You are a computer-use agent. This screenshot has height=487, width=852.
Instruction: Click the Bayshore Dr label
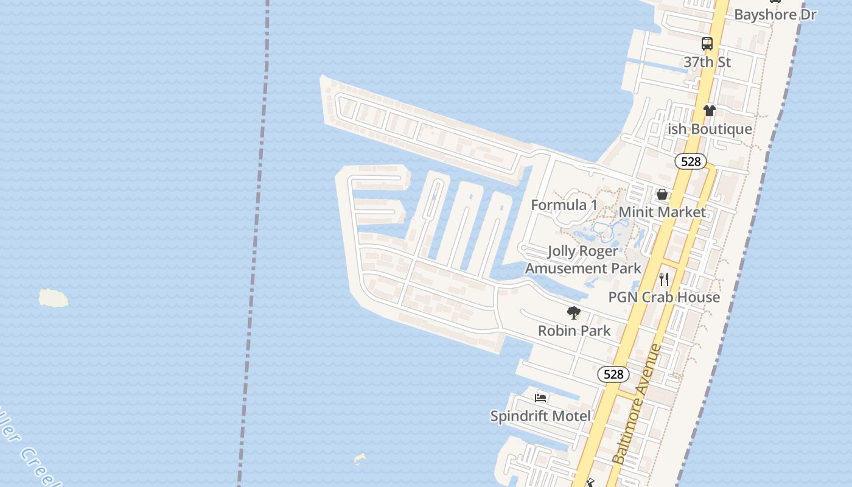click(x=775, y=15)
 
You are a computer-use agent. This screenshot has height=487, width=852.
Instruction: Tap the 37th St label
click(x=707, y=62)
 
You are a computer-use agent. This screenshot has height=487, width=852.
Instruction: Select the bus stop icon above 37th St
click(x=707, y=44)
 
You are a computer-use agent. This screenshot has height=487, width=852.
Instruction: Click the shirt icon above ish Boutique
click(x=710, y=111)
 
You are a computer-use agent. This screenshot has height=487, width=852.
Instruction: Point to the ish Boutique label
click(x=710, y=129)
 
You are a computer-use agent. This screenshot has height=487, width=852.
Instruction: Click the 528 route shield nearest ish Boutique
click(x=691, y=161)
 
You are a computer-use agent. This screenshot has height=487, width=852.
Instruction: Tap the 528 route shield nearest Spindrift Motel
click(x=613, y=374)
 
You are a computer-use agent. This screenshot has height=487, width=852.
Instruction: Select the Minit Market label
click(x=662, y=212)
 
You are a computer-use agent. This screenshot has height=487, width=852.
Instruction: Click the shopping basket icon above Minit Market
click(x=662, y=194)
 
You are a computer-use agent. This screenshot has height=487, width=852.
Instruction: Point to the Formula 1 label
click(x=564, y=205)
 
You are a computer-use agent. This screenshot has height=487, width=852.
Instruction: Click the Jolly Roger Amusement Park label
click(x=583, y=260)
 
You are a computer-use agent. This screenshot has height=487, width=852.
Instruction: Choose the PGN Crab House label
click(x=664, y=297)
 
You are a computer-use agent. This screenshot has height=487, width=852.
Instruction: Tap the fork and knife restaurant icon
click(x=664, y=279)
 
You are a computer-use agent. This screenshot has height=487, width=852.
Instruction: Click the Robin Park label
click(x=574, y=331)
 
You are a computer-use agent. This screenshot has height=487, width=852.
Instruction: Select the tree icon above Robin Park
click(x=573, y=313)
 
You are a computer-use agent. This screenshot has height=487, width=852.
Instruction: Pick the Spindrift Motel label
click(x=540, y=416)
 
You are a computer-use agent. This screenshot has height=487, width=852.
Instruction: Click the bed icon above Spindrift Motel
click(x=540, y=398)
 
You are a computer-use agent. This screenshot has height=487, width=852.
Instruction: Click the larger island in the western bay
click(x=54, y=298)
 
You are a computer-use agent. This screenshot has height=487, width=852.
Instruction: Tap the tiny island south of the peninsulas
click(x=360, y=458)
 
